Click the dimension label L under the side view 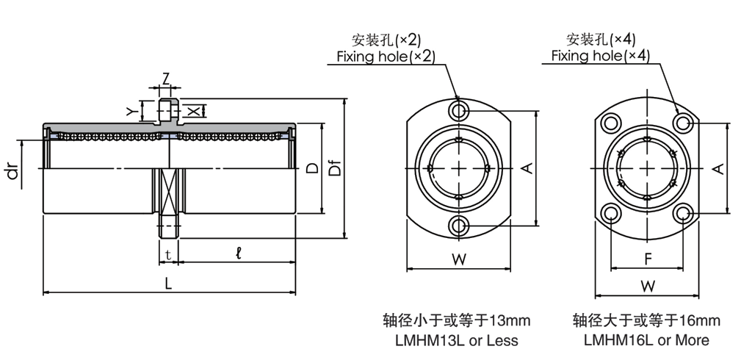169,283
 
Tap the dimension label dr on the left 12,173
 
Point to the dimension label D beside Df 312,168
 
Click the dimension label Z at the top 166,79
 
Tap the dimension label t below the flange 168,255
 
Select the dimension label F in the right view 647,259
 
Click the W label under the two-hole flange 458,259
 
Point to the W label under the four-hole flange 647,285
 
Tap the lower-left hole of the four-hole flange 611,214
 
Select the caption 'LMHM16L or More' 646,340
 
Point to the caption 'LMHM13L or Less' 457,340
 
